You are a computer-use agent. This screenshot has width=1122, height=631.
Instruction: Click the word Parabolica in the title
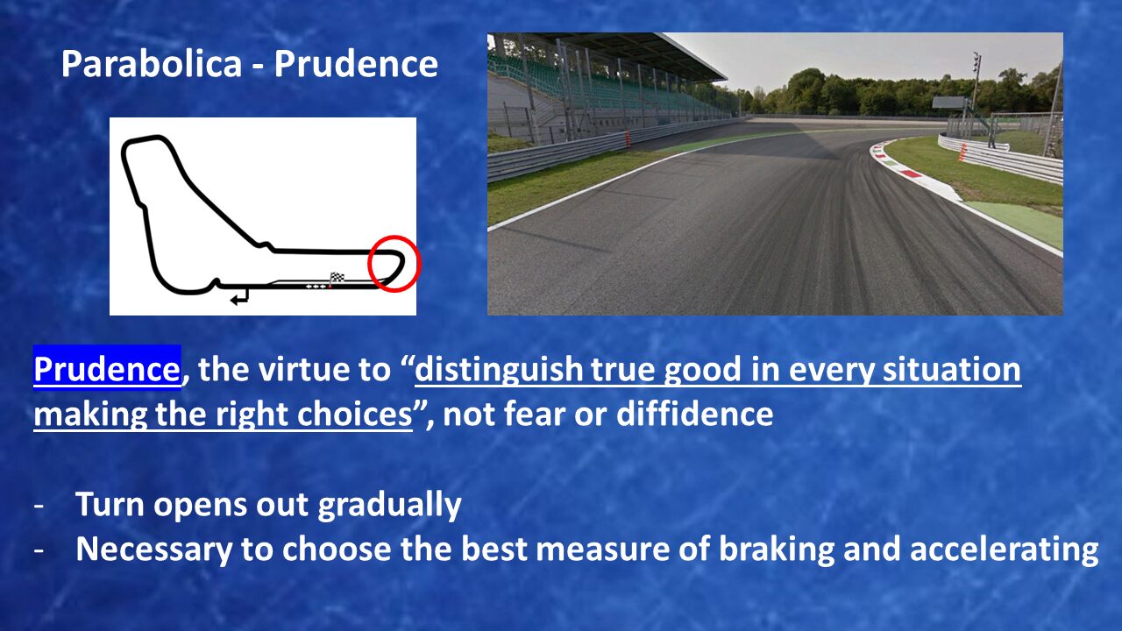click(152, 64)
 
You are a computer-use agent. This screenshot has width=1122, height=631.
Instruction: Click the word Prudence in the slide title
click(356, 64)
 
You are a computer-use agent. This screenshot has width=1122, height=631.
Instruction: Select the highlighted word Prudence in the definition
click(107, 369)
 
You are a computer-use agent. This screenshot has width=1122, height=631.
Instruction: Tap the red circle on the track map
click(394, 264)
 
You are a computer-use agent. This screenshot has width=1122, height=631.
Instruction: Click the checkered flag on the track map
click(337, 278)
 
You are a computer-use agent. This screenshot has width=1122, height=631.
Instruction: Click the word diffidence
click(694, 415)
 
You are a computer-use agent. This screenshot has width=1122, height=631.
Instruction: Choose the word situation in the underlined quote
click(952, 369)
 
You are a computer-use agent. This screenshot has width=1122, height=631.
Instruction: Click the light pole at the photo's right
click(976, 96)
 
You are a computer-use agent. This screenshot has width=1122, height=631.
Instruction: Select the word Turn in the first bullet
click(110, 504)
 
